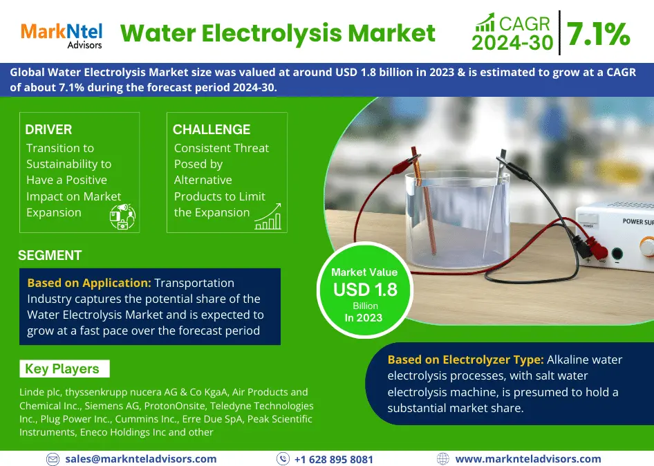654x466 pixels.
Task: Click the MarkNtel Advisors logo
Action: pos(61,35)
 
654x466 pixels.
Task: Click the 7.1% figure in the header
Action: pos(598,34)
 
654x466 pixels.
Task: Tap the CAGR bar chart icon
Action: pos(484,21)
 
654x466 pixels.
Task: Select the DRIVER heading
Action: pos(48,130)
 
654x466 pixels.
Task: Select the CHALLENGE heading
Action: pos(212,130)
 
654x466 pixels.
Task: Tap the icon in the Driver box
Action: pos(122,216)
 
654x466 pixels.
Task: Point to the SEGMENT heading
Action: pos(50,255)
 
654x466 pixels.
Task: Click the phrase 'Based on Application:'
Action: pos(88,283)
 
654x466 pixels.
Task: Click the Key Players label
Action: pos(62,369)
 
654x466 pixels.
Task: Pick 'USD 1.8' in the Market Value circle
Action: pos(365,290)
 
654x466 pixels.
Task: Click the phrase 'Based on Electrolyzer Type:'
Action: pos(465,360)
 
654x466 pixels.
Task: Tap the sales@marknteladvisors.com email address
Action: pos(140,458)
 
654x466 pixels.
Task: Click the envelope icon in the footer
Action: pos(53,459)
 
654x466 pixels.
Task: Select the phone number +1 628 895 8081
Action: pos(333,459)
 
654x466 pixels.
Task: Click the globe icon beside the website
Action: pos(443,458)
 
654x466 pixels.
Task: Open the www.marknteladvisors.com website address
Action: pos(528,458)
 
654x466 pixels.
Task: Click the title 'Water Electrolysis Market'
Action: pos(278,33)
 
